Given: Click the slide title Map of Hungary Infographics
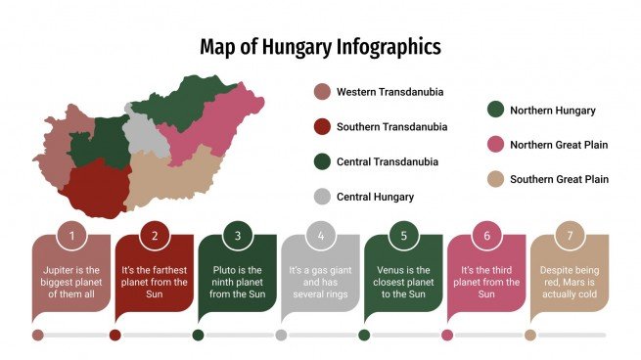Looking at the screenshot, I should [320, 47].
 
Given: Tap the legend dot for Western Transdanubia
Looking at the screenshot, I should [321, 92].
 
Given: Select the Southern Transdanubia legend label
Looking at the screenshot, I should [391, 127].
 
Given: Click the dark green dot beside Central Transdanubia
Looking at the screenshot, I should [321, 161].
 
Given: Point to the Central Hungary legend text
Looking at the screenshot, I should [375, 197].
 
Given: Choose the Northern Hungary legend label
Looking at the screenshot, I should [552, 111].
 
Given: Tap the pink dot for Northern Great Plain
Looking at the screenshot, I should [496, 145].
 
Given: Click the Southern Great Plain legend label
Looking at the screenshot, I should [559, 179].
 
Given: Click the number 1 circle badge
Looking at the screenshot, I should [71, 236].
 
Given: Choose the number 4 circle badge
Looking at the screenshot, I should [320, 236].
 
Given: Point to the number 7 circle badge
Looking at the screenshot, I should [570, 236].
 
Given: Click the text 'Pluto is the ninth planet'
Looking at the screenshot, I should [237, 279].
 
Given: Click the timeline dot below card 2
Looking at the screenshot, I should [115, 335].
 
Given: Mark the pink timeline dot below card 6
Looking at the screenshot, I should [447, 335].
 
